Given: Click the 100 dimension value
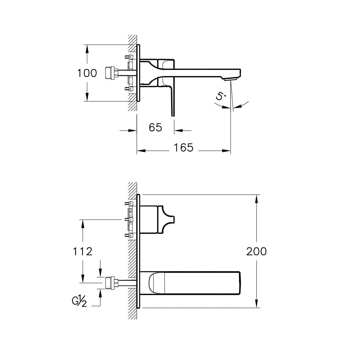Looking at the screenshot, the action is point(87,73).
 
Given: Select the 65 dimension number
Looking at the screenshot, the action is point(156,127).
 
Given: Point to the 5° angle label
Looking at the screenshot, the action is point(221,96).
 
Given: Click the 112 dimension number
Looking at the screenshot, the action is point(83,251).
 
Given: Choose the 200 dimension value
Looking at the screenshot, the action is point(256,251).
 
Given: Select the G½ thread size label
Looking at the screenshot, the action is point(80,302).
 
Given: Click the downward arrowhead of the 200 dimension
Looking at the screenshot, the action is point(256,303).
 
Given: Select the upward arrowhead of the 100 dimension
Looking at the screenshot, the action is point(87,49).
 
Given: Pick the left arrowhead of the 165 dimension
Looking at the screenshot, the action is point(141,150).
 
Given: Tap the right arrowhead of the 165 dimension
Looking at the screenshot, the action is point(226,150).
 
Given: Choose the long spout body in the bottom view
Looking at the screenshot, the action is point(190,283).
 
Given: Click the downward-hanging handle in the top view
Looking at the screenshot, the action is point(172,101).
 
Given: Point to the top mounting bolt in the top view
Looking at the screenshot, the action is point(129,57).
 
